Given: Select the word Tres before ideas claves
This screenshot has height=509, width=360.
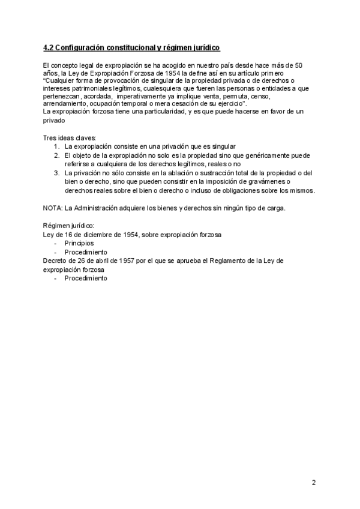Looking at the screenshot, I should coord(50,138).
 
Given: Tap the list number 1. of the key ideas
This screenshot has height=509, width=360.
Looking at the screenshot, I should coord(56,146).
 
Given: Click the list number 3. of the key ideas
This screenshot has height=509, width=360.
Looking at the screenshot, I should coord(56,173).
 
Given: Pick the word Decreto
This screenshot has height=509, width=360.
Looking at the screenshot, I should coord(56,261).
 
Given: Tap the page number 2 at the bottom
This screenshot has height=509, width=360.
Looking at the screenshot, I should coord(314,483).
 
